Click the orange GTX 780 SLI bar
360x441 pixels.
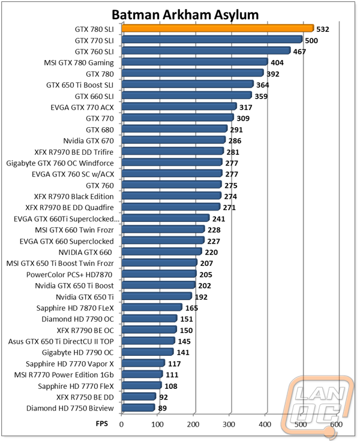coord(218,28)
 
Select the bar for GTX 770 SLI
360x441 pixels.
coord(212,40)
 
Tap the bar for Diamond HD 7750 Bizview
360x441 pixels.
coord(139,407)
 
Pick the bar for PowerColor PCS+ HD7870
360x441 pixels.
coord(159,274)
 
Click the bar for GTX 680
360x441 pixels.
coord(175,129)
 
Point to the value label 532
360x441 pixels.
coord(323,29)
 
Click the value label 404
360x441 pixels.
coord(277,62)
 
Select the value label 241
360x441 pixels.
coord(218,218)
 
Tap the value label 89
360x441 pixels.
coord(162,408)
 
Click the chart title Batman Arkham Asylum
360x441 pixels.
coord(185,14)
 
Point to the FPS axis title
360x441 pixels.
coord(102,424)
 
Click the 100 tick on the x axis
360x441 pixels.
coord(157,424)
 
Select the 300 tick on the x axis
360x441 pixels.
coord(229,424)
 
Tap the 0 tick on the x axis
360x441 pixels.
coord(121,424)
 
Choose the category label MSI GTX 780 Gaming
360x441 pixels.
coord(79,63)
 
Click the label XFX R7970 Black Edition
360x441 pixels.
coord(74,196)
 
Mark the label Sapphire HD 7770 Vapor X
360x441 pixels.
coord(70,364)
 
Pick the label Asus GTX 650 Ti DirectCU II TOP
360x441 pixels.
coord(61,341)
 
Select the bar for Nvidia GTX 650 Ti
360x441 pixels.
coord(157,296)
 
